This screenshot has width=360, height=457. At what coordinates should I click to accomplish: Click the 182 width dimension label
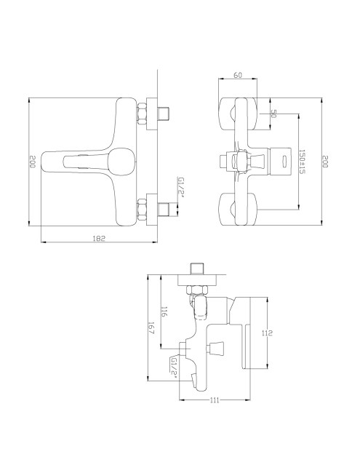[x=99, y=238]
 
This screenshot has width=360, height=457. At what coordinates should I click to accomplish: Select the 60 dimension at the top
[x=238, y=75]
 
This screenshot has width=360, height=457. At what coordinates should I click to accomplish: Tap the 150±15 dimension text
[x=302, y=162]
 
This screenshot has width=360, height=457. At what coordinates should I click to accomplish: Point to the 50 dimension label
[x=273, y=114]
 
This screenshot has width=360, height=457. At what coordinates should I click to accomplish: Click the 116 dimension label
[x=164, y=311]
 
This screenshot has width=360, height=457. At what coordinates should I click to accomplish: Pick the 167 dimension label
[x=151, y=328]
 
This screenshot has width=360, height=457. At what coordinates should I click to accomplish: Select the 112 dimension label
[x=266, y=333]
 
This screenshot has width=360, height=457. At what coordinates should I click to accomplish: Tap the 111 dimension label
[x=214, y=400]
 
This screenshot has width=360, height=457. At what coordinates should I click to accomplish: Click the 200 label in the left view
[x=32, y=162]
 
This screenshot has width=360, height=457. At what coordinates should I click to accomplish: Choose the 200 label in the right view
[x=325, y=162]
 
